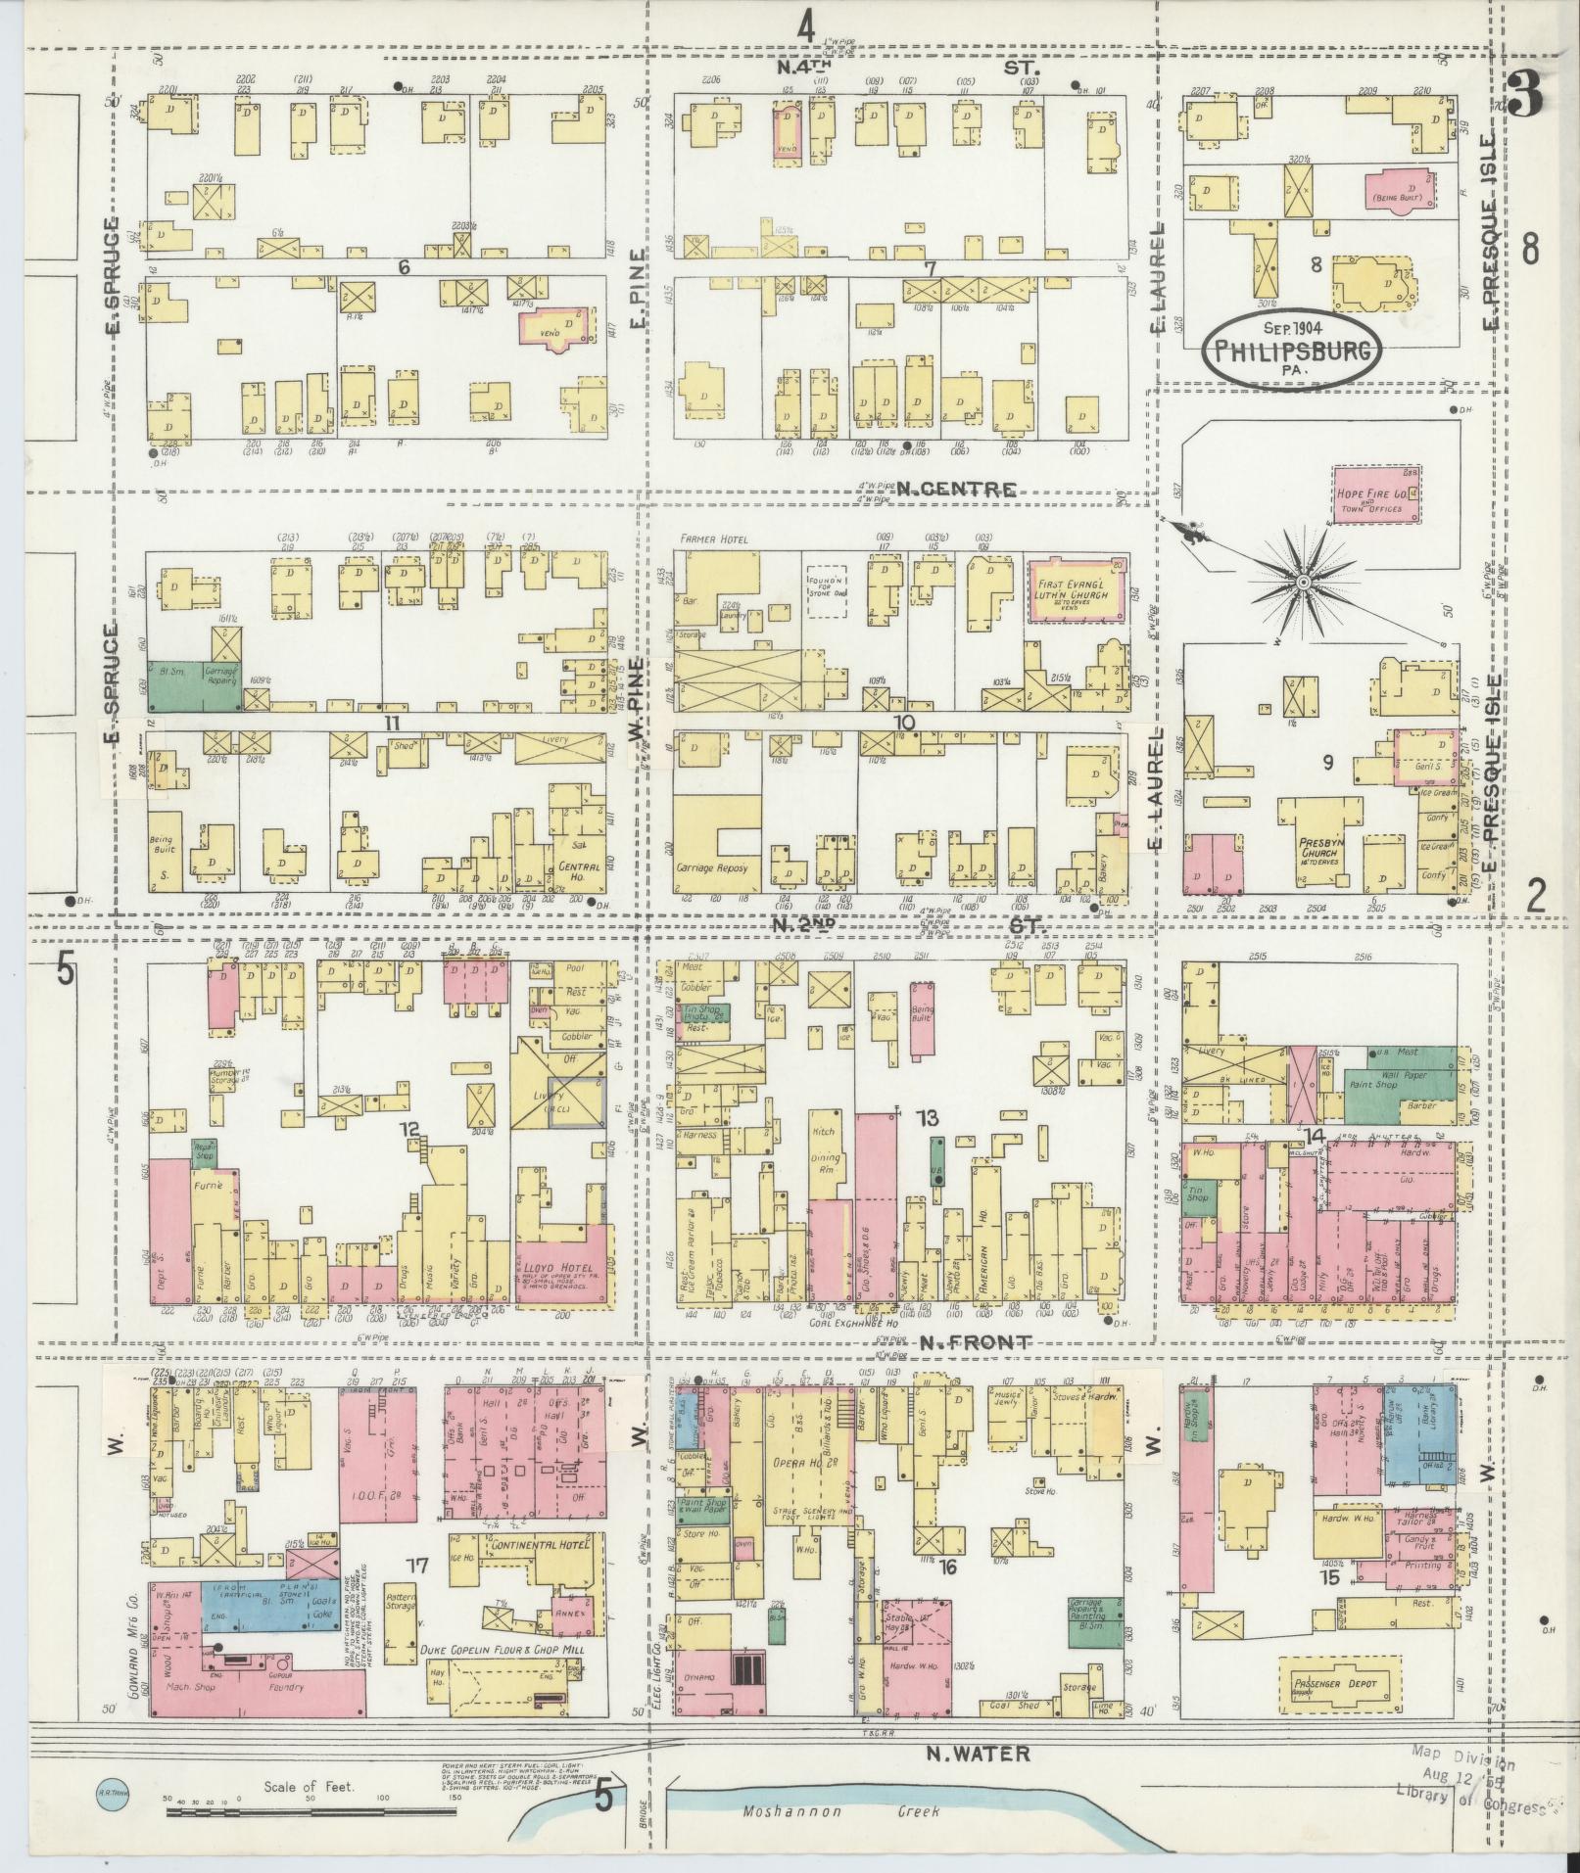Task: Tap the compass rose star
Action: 1304,583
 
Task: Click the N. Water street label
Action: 978,1754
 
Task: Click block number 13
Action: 926,1117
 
